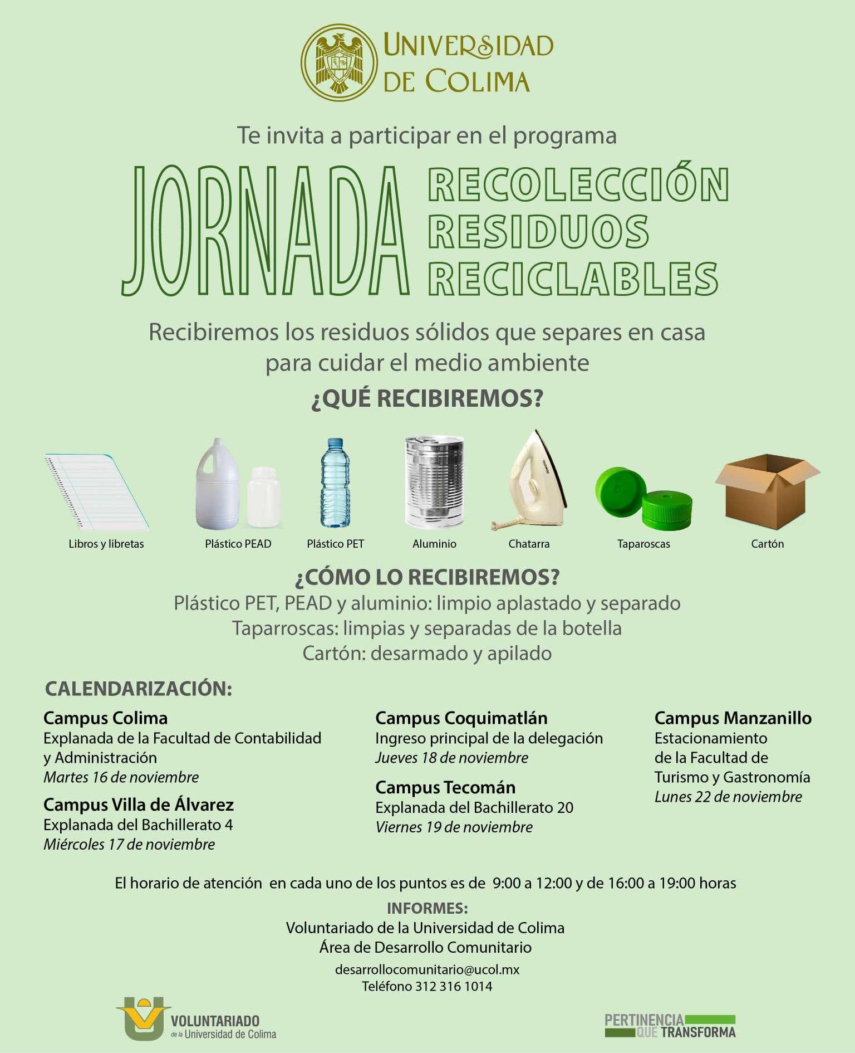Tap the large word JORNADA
click(x=266, y=232)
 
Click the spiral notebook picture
click(x=96, y=490)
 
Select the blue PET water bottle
click(x=335, y=482)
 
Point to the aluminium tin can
click(x=434, y=481)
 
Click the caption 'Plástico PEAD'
click(x=238, y=544)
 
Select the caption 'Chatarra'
click(x=529, y=544)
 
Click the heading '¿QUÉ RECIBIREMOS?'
click(x=427, y=399)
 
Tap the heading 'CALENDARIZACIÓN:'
click(x=138, y=689)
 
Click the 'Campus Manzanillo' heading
click(x=733, y=718)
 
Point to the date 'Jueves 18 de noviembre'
click(x=451, y=758)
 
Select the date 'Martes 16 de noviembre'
click(x=121, y=777)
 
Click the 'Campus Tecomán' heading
click(x=445, y=787)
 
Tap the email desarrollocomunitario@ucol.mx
click(x=427, y=969)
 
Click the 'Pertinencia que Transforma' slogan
click(x=670, y=1026)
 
